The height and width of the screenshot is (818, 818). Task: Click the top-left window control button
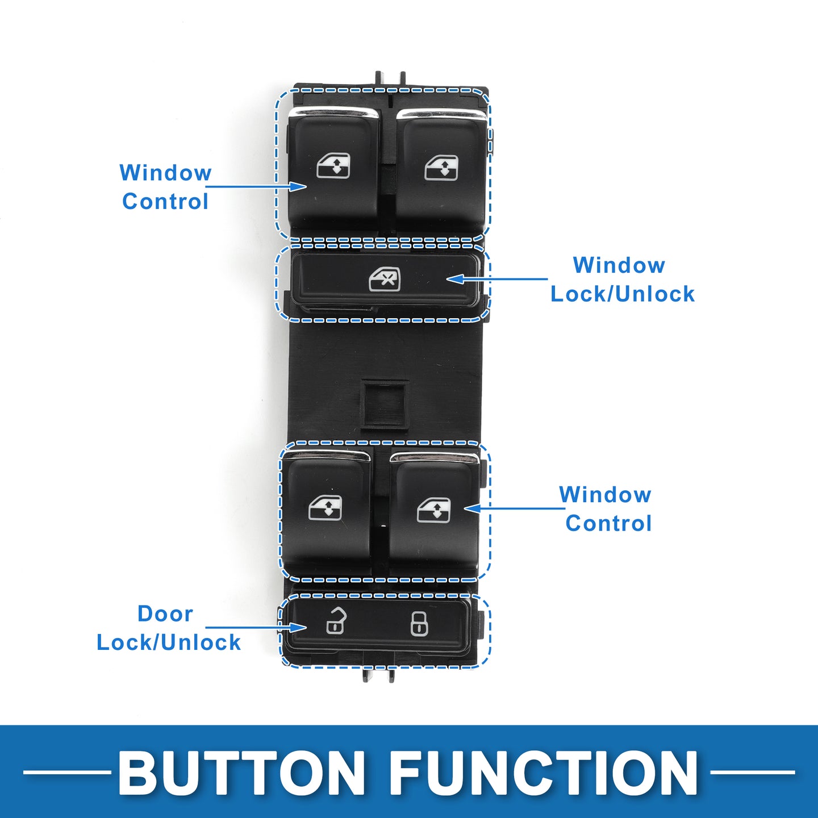point(333,170)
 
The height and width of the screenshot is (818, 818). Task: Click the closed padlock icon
point(419,623)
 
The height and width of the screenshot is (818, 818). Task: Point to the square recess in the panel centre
point(385,403)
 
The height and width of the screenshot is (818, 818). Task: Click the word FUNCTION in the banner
point(544,774)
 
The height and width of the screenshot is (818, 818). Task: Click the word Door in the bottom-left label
point(165,614)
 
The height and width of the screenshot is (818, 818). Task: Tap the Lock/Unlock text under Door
point(169,643)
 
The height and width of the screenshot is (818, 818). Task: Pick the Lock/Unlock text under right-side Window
point(623,294)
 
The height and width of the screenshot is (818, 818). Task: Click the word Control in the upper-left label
point(165,202)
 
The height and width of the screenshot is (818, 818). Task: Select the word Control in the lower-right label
point(608,524)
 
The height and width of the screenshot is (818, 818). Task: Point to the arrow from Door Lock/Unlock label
point(256,628)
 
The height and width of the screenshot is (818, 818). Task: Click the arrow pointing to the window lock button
point(497,279)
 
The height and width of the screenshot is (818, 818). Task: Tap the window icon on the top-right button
point(441,168)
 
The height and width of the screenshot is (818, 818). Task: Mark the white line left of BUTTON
point(67,773)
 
